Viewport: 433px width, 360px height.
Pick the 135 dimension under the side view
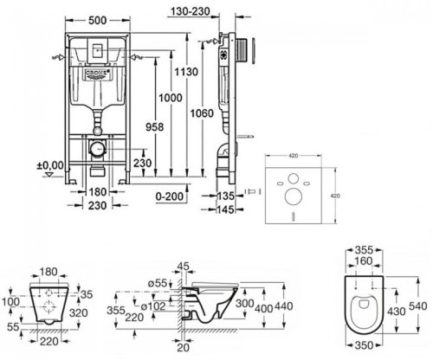click(x=225, y=195)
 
